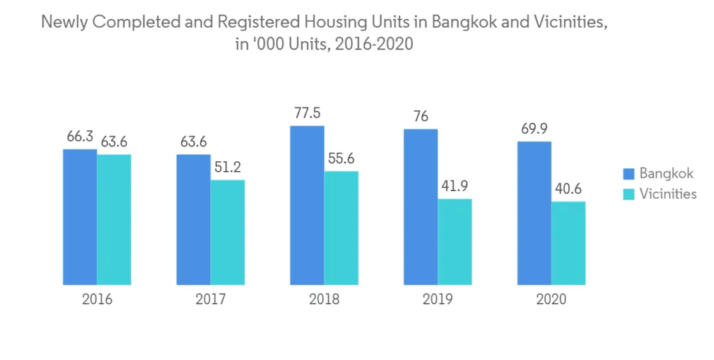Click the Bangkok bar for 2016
click(x=80, y=217)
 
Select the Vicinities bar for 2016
click(x=114, y=220)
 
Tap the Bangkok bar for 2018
click(x=307, y=205)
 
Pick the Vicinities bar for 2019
click(x=455, y=242)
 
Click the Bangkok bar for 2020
click(x=534, y=213)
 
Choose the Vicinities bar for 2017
click(x=228, y=232)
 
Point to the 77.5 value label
click(x=307, y=113)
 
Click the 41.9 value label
click(x=455, y=186)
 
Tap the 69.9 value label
click(x=534, y=128)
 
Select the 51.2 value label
click(x=228, y=167)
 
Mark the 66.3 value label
click(x=80, y=136)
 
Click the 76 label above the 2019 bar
click(x=420, y=116)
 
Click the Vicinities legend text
click(x=668, y=194)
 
